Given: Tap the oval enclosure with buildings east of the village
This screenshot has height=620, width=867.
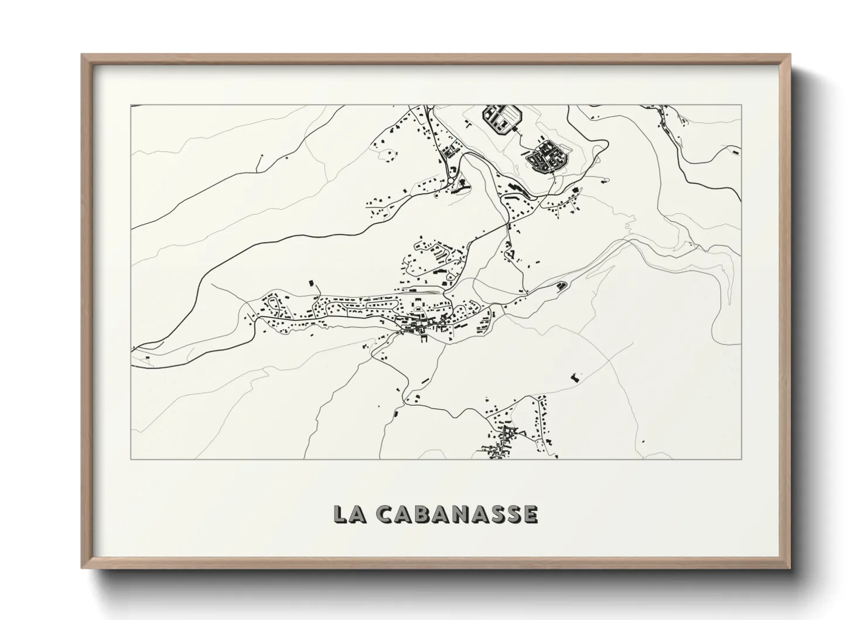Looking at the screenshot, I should [x=561, y=285].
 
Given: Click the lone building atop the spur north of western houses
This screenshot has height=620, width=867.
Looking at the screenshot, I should [x=311, y=284].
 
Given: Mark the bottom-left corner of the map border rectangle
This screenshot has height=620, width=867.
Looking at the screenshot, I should [x=131, y=459].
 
